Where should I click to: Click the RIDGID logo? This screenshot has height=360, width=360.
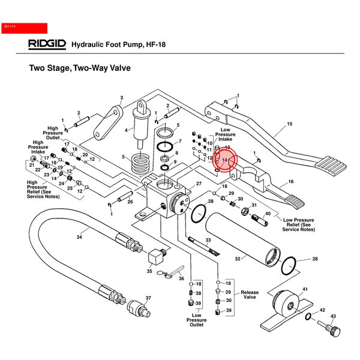(47, 44)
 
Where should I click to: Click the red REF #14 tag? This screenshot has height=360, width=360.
(24, 27)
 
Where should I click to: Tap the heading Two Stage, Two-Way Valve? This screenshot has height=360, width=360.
(80, 68)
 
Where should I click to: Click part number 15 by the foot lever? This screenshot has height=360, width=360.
(289, 124)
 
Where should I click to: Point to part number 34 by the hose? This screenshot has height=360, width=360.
(79, 238)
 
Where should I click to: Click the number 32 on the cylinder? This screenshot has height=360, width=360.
(237, 259)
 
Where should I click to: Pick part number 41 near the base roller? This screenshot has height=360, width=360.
(305, 289)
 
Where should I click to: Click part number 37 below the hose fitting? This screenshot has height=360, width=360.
(148, 298)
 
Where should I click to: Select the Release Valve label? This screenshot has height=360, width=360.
(250, 295)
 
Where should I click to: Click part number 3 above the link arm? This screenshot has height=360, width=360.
(121, 98)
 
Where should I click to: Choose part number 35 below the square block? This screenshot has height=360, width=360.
(149, 271)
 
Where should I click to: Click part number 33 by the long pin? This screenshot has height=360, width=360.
(208, 239)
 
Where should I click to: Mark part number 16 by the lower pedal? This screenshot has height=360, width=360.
(291, 181)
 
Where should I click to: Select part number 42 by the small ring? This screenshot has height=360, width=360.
(322, 310)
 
